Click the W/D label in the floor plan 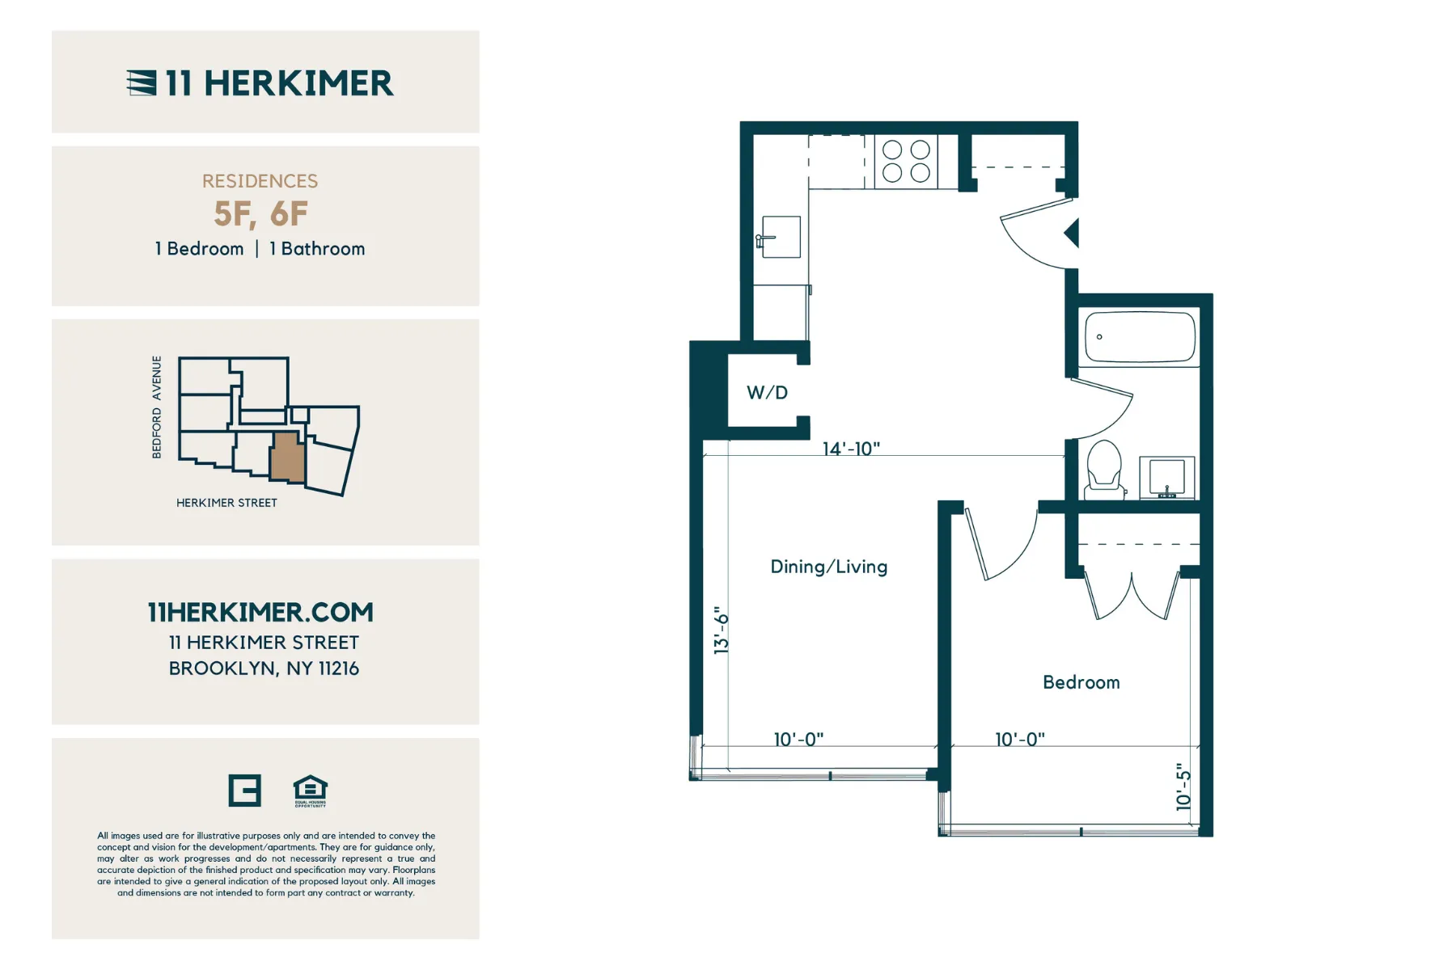767,393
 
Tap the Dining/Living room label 828,567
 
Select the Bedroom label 1081,682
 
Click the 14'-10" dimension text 851,449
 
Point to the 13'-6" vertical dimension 722,630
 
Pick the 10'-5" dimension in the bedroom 1183,787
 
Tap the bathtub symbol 1139,337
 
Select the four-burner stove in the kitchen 906,162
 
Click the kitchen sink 780,237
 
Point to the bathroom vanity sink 1166,478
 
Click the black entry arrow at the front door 1073,234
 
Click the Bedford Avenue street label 157,407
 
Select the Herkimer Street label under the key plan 226,503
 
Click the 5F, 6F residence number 260,214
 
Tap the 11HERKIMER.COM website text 260,613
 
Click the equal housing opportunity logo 310,791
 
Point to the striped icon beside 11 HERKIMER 142,82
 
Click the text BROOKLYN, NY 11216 264,668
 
